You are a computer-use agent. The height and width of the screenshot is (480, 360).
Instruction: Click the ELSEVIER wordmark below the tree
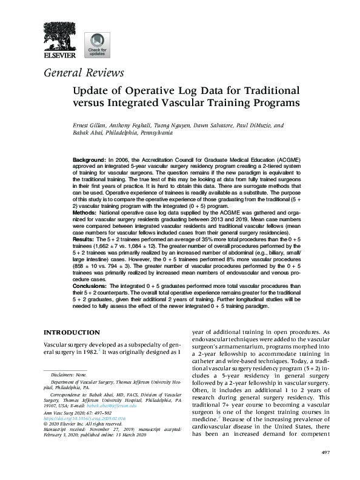pyautogui.click(x=59, y=56)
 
